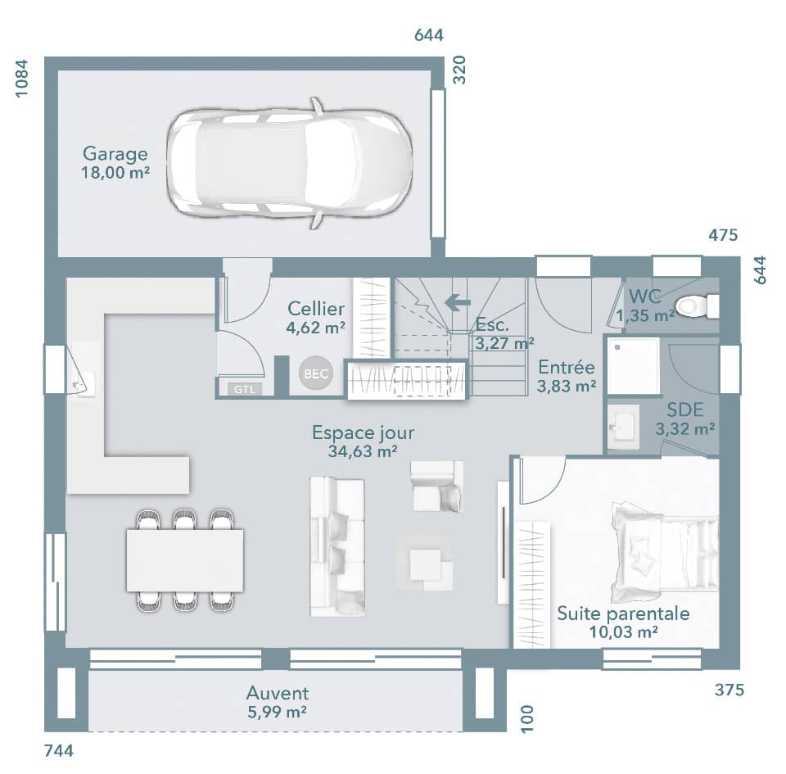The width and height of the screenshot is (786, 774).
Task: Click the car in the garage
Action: pos(289,162)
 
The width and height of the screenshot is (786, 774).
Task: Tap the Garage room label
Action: pos(115,154)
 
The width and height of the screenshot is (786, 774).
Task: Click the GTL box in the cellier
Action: pos(245,389)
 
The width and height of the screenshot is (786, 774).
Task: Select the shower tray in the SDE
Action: pos(633,365)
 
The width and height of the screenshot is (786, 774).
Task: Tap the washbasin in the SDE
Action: pos(624,426)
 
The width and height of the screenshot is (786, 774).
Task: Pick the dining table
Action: pos(185,560)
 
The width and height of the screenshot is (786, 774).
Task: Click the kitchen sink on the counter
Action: pos(83,382)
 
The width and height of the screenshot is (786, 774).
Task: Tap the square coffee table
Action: pos(425,564)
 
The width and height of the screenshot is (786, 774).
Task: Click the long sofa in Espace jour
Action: pos(337,546)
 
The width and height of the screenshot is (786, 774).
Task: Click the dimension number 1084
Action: pos(22,79)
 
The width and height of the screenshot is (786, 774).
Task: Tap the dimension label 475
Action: pos(723,236)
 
